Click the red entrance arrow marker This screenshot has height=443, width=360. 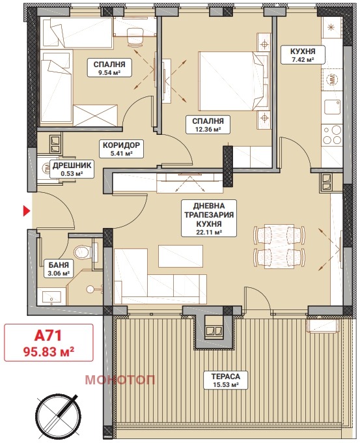(27, 211)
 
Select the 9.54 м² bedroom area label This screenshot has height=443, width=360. (105, 68)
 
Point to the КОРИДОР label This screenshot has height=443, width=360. (121, 145)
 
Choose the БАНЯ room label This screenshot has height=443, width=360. (59, 264)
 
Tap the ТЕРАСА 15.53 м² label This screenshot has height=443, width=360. (226, 380)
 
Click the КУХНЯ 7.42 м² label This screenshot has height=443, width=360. (303, 55)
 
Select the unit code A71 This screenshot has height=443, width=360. (48, 336)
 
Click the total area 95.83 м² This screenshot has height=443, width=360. (49, 351)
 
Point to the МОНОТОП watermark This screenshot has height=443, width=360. (120, 380)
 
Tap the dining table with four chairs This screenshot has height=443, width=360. (279, 246)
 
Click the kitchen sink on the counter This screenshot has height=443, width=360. (333, 107)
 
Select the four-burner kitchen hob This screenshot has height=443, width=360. (333, 136)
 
